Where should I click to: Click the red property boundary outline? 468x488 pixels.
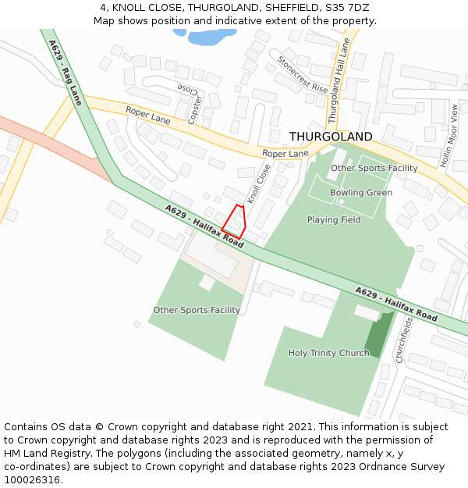pos(235,220)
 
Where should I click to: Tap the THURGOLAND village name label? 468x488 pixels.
pos(331,137)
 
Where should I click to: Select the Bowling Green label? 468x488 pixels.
pos(360,193)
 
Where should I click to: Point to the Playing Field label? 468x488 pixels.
pos(333,220)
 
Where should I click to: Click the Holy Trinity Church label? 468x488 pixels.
pos(328,353)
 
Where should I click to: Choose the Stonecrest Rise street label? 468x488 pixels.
pos(302,74)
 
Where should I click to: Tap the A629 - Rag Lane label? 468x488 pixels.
pos(65,72)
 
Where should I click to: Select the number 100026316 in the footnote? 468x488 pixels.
pos(32,479)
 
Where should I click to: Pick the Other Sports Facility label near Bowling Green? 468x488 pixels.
pos(374,168)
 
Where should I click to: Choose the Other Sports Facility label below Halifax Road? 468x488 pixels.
pos(197,310)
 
